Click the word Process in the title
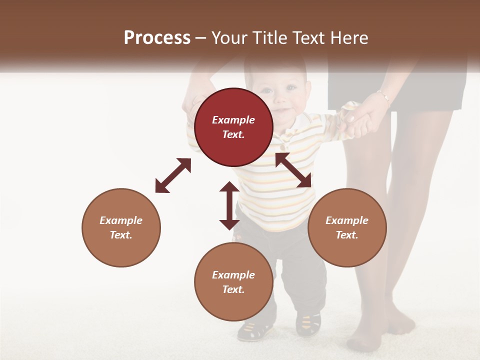click(x=157, y=38)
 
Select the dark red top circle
click(x=233, y=127)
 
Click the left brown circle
click(x=121, y=227)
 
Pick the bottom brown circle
click(x=233, y=282)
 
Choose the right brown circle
click(x=347, y=227)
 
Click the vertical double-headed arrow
click(x=229, y=205)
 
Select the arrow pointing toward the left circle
click(x=173, y=175)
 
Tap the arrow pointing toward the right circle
click(x=293, y=170)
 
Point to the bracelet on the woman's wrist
click(x=383, y=96)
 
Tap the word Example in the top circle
click(x=233, y=120)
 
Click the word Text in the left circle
click(x=121, y=235)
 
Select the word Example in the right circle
click(x=347, y=220)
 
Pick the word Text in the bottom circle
click(x=233, y=289)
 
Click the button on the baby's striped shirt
click(x=283, y=147)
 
